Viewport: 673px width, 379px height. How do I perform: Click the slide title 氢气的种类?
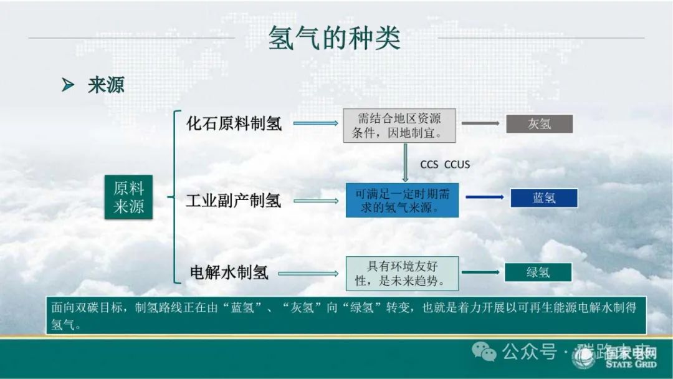334,38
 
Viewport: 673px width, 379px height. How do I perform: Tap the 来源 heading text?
106,85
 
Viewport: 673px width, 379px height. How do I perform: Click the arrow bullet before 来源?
68,85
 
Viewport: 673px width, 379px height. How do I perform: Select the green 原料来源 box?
128,197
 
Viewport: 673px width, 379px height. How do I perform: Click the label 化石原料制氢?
234,123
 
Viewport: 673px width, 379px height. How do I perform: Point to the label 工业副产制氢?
234,200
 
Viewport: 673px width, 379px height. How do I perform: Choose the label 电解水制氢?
229,272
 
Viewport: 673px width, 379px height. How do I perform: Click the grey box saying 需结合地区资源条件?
400,125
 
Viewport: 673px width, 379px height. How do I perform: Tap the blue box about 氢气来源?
402,200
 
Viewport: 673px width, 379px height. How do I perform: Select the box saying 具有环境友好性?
402,273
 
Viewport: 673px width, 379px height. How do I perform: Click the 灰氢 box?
539,123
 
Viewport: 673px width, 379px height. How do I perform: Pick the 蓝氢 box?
544,198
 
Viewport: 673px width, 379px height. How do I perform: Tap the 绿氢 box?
538,272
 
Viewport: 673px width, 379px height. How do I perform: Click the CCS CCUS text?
445,164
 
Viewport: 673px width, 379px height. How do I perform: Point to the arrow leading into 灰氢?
480,123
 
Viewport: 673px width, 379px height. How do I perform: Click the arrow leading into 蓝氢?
484,198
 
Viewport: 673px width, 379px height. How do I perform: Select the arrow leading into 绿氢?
480,272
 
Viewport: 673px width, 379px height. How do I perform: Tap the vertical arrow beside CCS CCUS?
406,161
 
